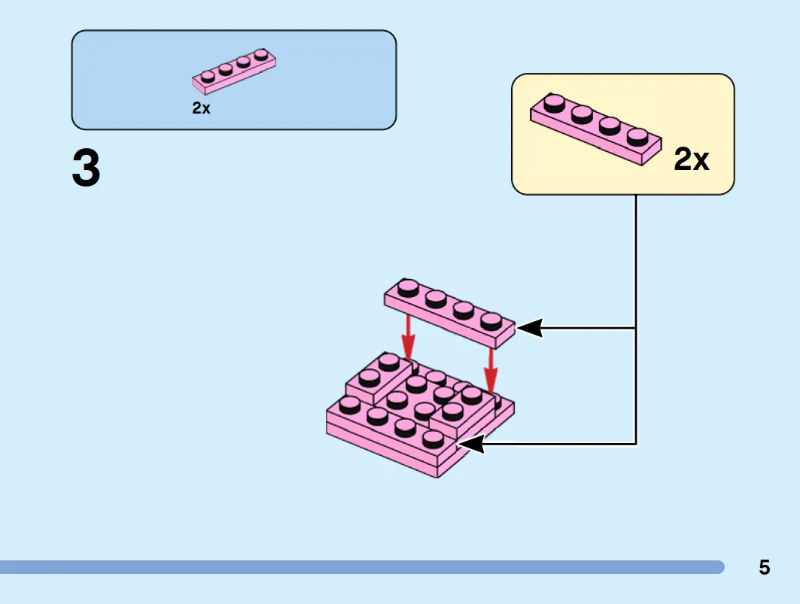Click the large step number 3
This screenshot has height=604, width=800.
point(86,167)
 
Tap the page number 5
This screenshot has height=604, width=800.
point(764,567)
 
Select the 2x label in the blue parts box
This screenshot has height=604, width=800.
point(201,108)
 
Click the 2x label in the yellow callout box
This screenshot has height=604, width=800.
point(692,159)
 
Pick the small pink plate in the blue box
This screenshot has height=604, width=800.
point(234,71)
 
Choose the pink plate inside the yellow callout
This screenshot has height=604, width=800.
point(596,129)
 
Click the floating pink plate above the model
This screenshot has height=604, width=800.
point(449,313)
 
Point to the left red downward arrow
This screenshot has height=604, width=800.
point(408,337)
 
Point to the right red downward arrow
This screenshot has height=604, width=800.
point(490,371)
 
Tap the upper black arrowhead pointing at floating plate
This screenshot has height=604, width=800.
point(530,328)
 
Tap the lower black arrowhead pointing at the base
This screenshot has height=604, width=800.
point(470,444)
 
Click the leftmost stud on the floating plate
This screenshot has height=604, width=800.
point(408,288)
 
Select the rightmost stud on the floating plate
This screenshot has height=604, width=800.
point(491,321)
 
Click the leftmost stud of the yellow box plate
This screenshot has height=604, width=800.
point(554,103)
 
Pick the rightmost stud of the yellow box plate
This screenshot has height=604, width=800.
point(637,137)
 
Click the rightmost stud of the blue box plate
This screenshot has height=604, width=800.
point(261,54)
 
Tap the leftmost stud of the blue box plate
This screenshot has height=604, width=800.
point(208,77)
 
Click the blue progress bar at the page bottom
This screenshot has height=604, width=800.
point(362,567)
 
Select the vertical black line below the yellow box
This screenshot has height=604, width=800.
point(636,320)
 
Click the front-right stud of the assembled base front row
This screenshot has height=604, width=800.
point(433,439)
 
